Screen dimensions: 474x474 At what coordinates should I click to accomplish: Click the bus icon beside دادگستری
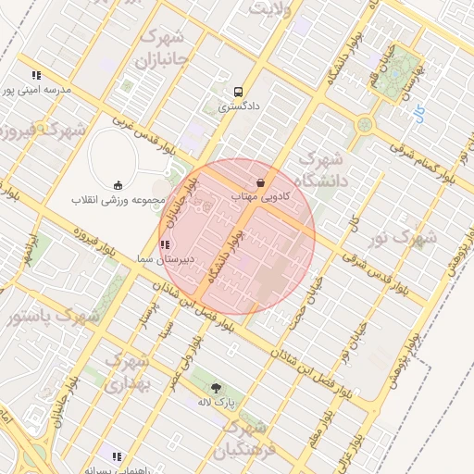point(239,93)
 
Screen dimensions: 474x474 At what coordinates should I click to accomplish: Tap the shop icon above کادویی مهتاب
point(261,181)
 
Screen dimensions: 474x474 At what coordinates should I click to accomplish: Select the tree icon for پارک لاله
point(217,388)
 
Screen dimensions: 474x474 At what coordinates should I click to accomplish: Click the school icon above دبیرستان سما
point(164,244)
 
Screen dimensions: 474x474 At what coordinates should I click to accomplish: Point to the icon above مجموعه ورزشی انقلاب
point(118,185)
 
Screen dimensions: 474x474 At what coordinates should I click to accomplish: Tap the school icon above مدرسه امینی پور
point(36,75)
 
